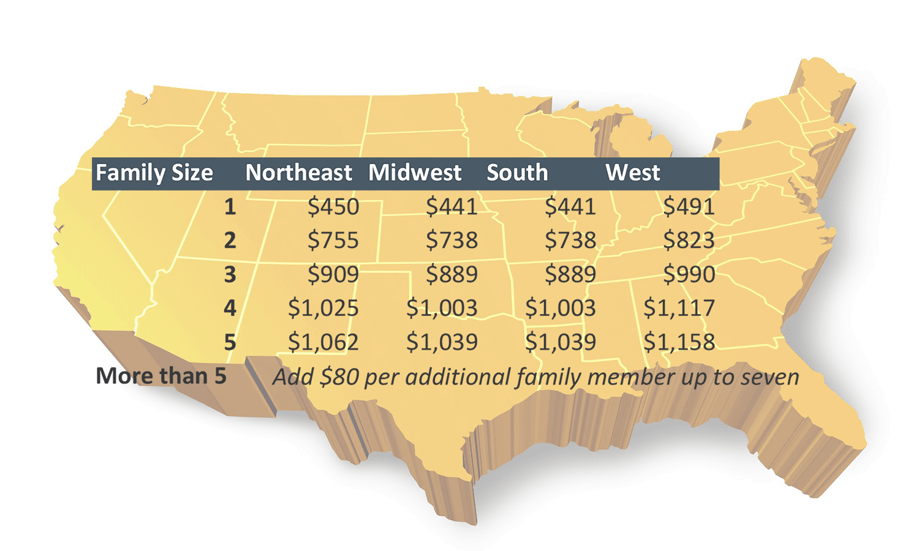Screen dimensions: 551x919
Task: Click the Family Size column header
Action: pos(154,173)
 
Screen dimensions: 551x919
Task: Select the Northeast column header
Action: pos(298,173)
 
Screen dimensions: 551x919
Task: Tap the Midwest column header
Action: pos(415,173)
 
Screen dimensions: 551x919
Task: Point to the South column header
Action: pos(517,173)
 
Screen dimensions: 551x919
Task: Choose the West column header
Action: pos(632,173)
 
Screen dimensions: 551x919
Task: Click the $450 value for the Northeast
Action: pos(333,207)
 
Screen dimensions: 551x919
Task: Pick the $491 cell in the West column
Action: pos(689,207)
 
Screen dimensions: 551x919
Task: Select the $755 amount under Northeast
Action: pos(333,241)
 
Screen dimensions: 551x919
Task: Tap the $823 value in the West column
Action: pos(689,241)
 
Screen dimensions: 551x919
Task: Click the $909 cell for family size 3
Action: pos(333,274)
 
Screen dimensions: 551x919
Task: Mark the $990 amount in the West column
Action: pos(689,274)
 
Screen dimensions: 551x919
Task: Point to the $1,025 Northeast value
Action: pos(323,308)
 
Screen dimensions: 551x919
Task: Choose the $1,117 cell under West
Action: pos(679,308)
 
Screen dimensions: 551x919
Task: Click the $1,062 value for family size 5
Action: pos(323,342)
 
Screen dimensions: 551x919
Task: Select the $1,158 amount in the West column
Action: pos(679,342)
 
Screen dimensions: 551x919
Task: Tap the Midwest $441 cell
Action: pos(452,207)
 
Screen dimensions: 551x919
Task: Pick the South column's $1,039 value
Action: pos(561,342)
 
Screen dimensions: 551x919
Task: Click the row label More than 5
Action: pos(161,376)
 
